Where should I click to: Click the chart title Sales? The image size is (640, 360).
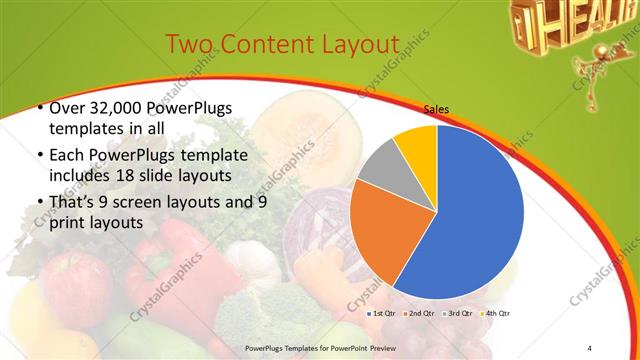(x=436, y=110)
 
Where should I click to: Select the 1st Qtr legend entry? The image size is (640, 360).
(x=386, y=313)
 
